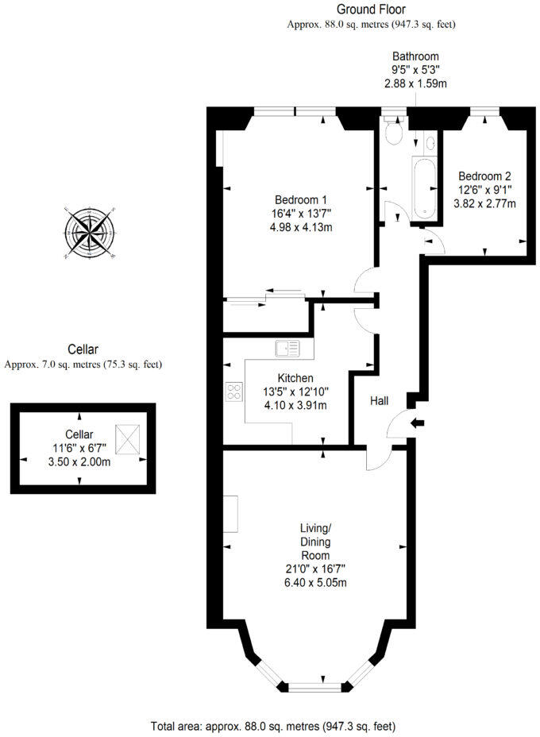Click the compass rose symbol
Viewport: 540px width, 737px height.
(x=91, y=233)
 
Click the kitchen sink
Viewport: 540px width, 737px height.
(x=287, y=347)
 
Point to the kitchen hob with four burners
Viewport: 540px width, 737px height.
(x=235, y=391)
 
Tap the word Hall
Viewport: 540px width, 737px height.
(x=380, y=402)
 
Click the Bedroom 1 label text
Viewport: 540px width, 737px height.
(x=301, y=199)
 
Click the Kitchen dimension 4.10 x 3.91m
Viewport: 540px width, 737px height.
(x=295, y=405)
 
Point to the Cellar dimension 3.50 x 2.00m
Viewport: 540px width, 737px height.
(x=79, y=461)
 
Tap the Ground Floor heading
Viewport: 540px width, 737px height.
(x=371, y=10)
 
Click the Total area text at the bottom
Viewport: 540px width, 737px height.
(x=272, y=726)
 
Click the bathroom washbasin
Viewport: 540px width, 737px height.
(x=430, y=144)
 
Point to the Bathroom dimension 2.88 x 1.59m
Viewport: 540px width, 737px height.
(x=415, y=83)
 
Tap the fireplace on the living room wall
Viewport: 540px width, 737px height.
(x=230, y=514)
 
